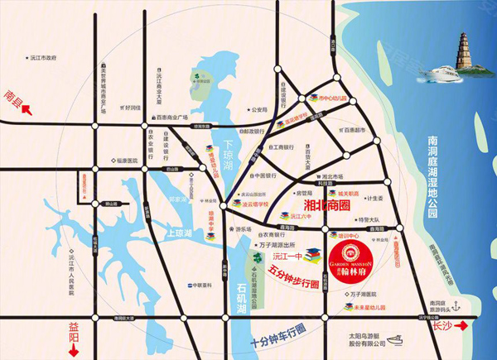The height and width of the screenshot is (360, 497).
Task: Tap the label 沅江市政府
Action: (x=39, y=59)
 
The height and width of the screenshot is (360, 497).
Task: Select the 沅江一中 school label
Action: (x=285, y=257)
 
